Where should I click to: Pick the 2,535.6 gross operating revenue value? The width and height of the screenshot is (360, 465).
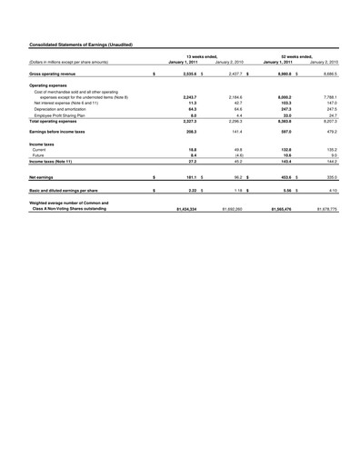(x=185, y=72)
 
